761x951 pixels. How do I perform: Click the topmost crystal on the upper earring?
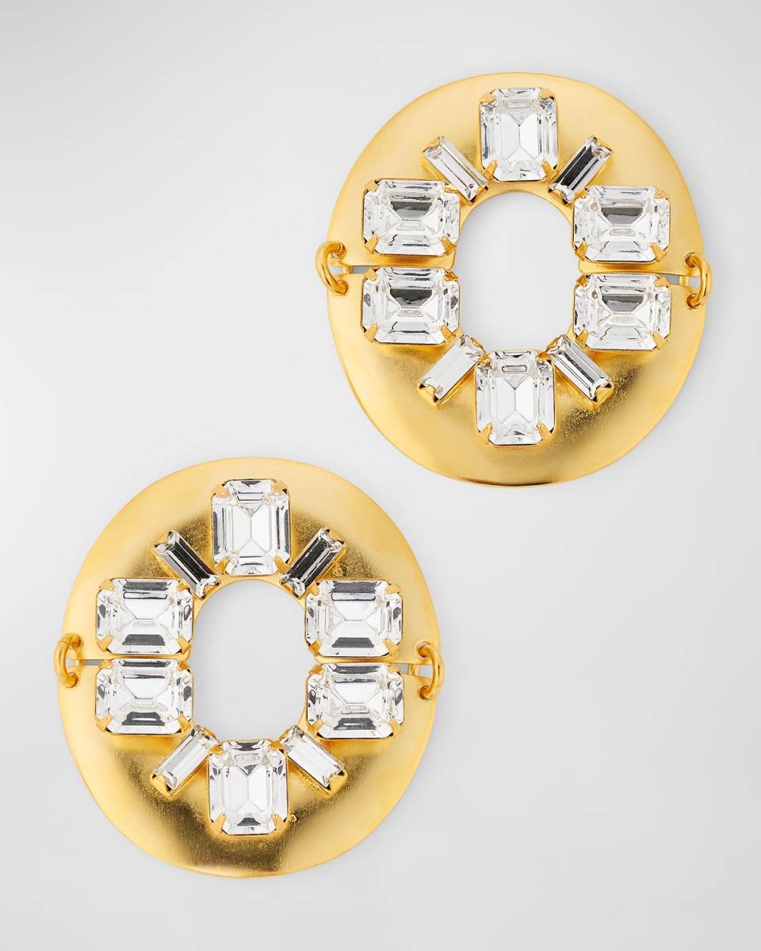click(x=518, y=134)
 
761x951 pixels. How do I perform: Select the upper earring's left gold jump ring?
click(x=331, y=268)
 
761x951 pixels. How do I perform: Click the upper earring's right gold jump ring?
click(x=698, y=280)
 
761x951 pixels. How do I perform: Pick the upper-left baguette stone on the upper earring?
click(x=455, y=169)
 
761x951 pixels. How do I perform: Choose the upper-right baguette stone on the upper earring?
click(x=581, y=170)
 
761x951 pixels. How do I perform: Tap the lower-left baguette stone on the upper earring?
click(x=450, y=369)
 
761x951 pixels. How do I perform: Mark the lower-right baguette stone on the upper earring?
click(x=579, y=369)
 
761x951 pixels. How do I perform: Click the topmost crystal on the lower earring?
click(x=250, y=527)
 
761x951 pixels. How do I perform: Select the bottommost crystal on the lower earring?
click(x=247, y=786)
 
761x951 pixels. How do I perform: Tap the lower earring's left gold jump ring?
click(x=68, y=660)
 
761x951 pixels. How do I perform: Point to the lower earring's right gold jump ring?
click(x=430, y=670)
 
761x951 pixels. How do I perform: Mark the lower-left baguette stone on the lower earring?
click(x=184, y=759)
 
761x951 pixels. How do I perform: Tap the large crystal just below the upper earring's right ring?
click(x=622, y=311)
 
